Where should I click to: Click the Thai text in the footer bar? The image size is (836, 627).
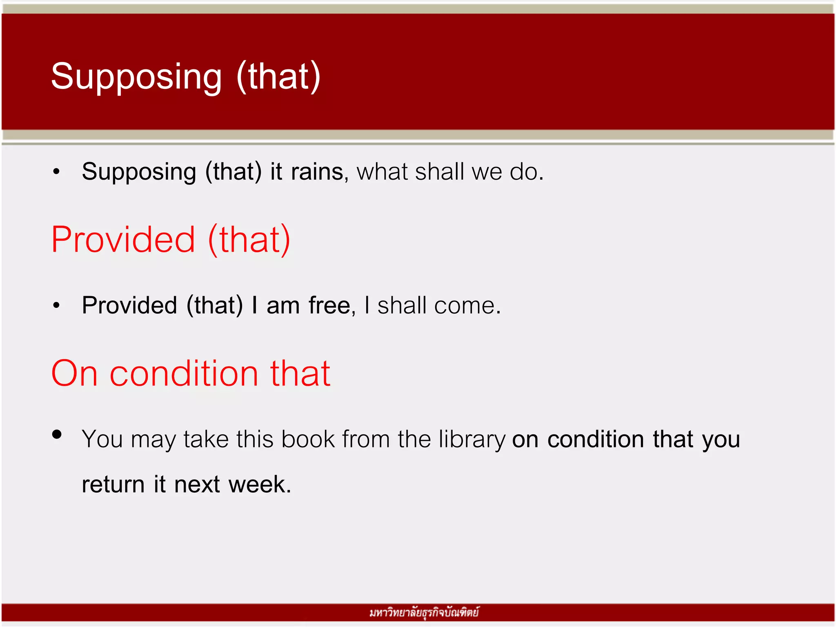click(x=424, y=613)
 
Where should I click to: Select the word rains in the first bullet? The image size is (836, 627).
click(x=317, y=171)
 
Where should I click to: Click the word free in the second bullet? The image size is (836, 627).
click(x=329, y=305)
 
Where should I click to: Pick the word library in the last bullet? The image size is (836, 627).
click(x=472, y=440)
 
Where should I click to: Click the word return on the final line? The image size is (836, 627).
click(x=113, y=485)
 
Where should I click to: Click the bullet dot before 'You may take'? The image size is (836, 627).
click(x=57, y=434)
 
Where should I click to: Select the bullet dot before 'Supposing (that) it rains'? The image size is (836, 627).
click(x=56, y=172)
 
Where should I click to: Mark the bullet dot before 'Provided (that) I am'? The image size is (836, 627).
click(x=56, y=305)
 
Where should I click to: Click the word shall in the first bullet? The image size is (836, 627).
click(x=439, y=171)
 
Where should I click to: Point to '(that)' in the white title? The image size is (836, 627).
click(x=278, y=77)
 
